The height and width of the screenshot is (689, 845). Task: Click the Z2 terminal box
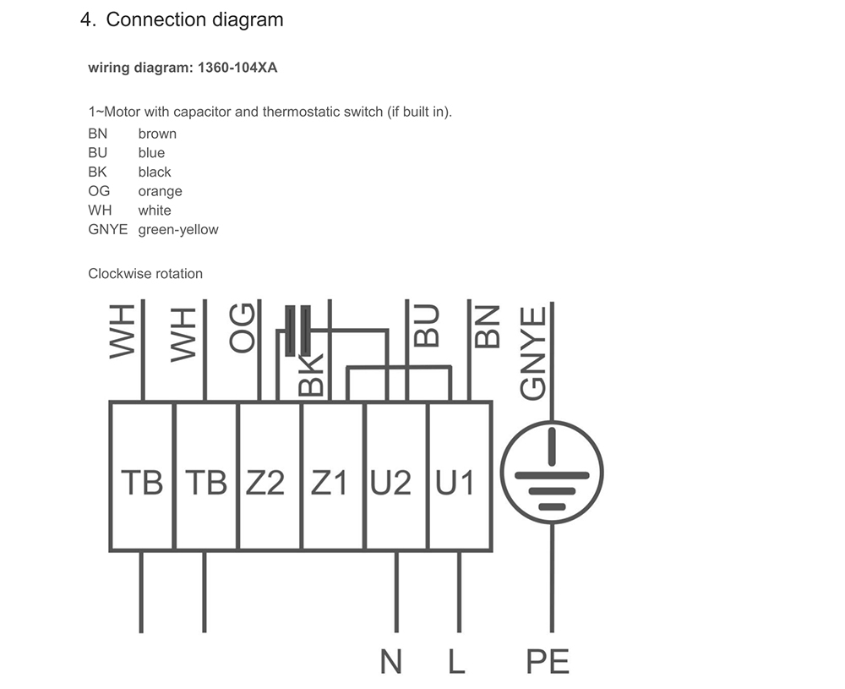pos(269,478)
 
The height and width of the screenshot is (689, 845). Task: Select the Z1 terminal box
pos(332,478)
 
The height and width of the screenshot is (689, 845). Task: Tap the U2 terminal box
pos(395,478)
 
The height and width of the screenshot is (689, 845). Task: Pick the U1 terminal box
pos(459,478)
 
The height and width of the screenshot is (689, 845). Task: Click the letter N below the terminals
pos(390,660)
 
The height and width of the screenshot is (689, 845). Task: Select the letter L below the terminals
pos(456,660)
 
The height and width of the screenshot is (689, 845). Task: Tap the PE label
pos(548,660)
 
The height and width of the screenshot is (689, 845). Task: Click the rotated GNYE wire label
pos(534,353)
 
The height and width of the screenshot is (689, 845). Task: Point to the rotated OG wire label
pos(243,330)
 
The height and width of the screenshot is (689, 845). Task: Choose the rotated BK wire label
pos(312,375)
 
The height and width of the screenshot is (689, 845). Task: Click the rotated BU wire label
pos(427,326)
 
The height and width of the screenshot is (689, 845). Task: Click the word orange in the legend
pos(160,191)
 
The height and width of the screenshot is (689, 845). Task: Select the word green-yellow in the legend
pos(178,229)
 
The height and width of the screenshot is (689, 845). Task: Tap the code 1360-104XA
pos(237,68)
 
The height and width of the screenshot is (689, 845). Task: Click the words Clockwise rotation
pos(145,273)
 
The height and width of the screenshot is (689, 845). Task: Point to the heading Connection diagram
pos(194,19)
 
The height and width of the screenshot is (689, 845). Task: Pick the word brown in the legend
pos(157,134)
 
